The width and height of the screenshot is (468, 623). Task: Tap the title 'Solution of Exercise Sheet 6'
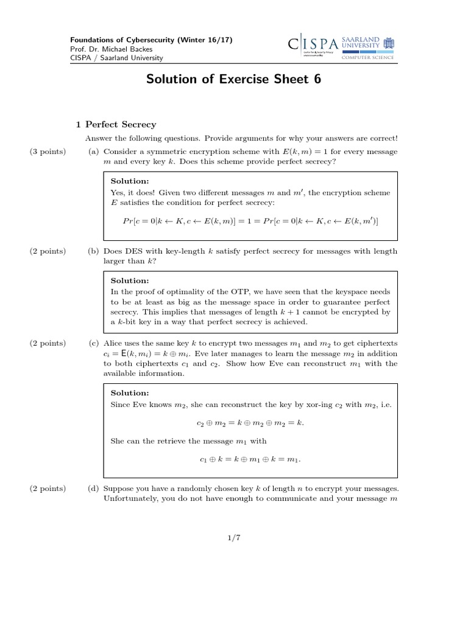(x=233, y=79)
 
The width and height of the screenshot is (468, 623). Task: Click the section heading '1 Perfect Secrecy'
(x=116, y=124)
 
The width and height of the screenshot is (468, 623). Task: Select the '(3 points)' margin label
(x=48, y=151)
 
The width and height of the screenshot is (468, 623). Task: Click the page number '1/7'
(x=234, y=537)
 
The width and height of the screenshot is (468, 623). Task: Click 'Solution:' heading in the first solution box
(x=129, y=181)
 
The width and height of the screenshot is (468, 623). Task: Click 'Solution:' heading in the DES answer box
(x=129, y=280)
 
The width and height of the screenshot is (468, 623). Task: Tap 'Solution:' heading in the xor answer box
(x=129, y=393)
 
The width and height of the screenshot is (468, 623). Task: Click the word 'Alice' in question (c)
(x=113, y=343)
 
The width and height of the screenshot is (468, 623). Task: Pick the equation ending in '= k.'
(x=251, y=422)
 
